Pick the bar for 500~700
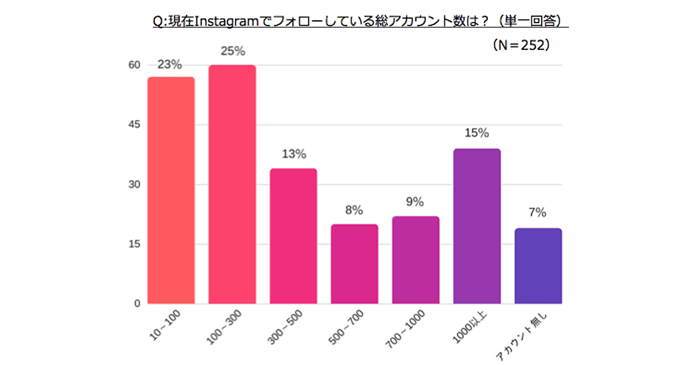point(354,264)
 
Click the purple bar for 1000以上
point(477,226)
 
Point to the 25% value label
point(232,51)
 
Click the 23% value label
point(170,65)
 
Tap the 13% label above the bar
point(293,154)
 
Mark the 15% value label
point(477,133)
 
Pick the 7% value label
point(538,213)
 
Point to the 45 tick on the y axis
point(134,125)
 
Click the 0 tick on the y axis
point(137,303)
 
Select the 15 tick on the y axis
point(134,244)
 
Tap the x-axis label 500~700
point(347,329)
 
